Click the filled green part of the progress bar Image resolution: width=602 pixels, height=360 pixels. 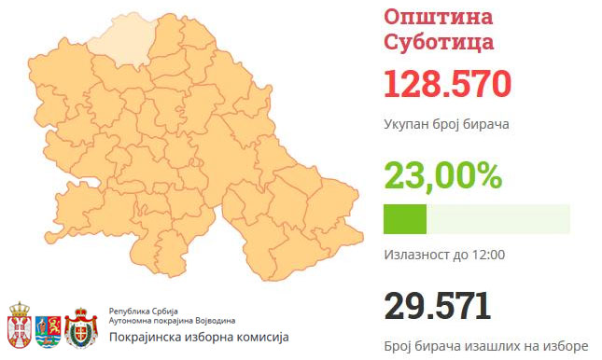405,218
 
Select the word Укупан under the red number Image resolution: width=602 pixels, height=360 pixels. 408,124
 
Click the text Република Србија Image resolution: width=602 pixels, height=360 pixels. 142,309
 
